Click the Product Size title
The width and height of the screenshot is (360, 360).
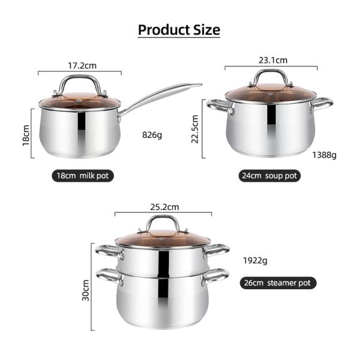tap(179, 29)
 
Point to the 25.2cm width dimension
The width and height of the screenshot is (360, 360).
tap(163, 207)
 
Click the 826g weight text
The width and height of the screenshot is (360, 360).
tap(152, 135)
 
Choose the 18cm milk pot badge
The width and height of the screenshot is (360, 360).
tap(82, 176)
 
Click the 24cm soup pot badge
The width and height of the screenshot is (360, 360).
tap(269, 176)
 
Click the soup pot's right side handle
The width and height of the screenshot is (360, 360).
tap(323, 104)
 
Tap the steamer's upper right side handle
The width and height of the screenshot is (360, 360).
tap(218, 248)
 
